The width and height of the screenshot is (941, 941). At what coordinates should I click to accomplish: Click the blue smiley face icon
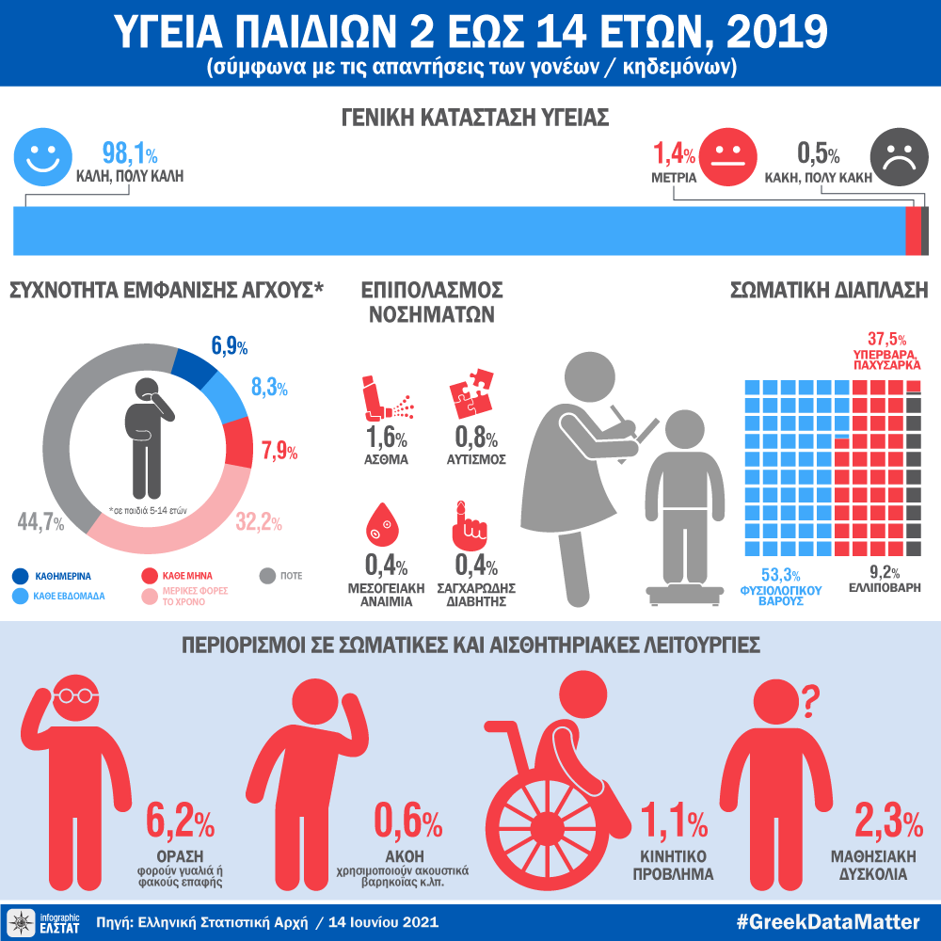click(42, 157)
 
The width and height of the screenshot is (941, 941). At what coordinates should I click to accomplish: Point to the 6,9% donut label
click(230, 346)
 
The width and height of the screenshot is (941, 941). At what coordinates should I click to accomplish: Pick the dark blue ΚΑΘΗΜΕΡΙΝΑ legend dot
click(20, 575)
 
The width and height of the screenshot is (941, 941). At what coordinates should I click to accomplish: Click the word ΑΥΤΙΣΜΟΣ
click(476, 460)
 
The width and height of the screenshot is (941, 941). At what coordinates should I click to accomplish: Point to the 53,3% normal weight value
click(780, 576)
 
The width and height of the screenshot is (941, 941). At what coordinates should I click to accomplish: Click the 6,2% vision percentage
click(181, 822)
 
